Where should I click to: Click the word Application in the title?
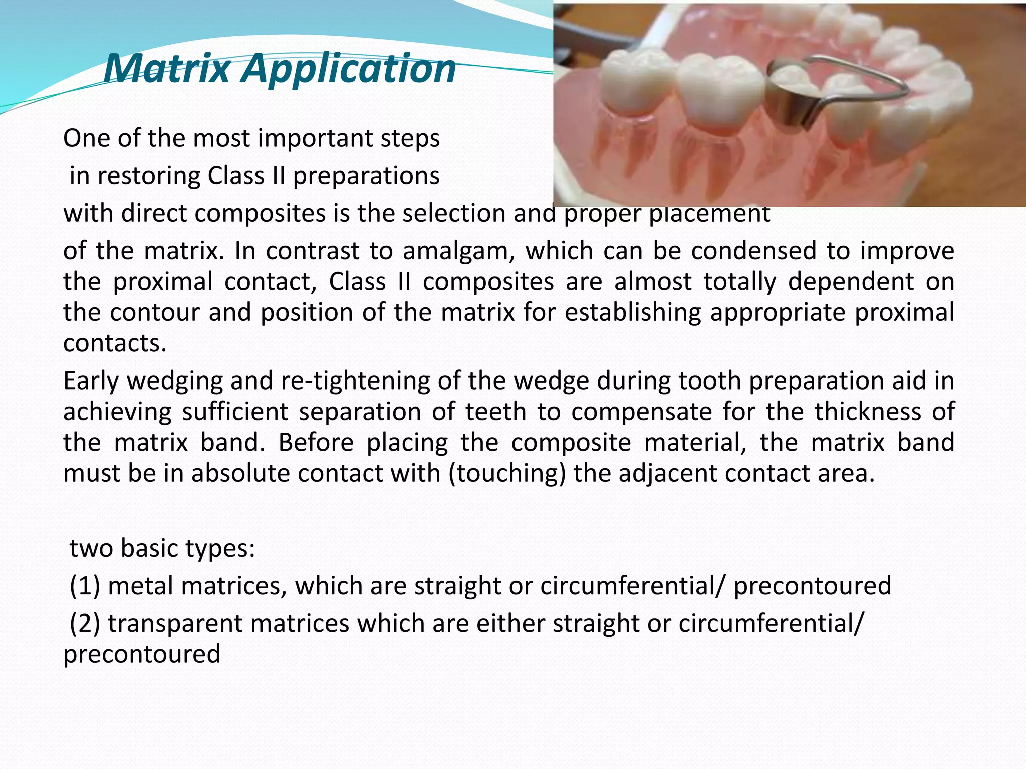point(349,69)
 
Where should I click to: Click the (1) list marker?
point(85,586)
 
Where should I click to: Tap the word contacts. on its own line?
point(115,343)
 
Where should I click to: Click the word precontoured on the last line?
point(142,654)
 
